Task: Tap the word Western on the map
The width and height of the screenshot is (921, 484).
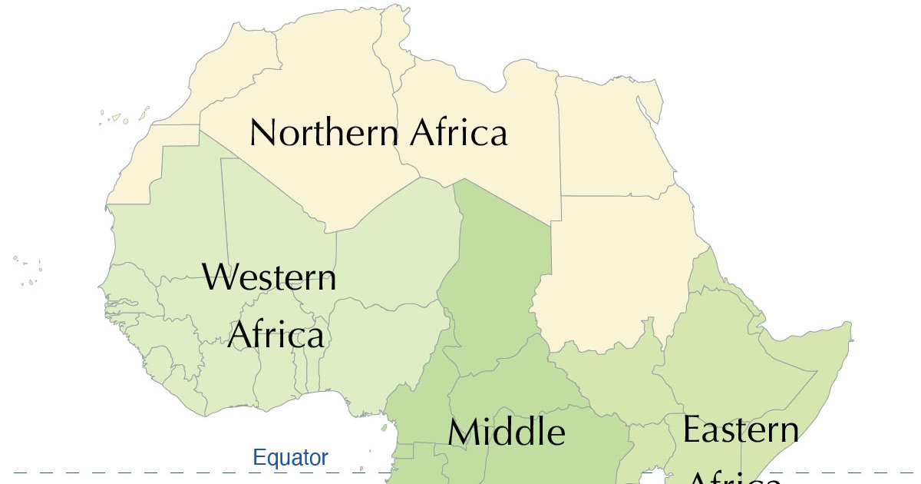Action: point(269,277)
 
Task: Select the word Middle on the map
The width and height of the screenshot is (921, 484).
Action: point(507,433)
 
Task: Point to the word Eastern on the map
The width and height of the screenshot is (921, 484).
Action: point(741,429)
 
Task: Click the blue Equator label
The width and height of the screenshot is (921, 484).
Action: point(290,459)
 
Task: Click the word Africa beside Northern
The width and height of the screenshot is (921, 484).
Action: point(459,133)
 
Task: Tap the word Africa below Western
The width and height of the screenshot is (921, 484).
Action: point(276,336)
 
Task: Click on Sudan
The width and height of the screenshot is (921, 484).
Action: point(614,269)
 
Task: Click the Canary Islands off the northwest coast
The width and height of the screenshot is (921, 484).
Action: point(119,118)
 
